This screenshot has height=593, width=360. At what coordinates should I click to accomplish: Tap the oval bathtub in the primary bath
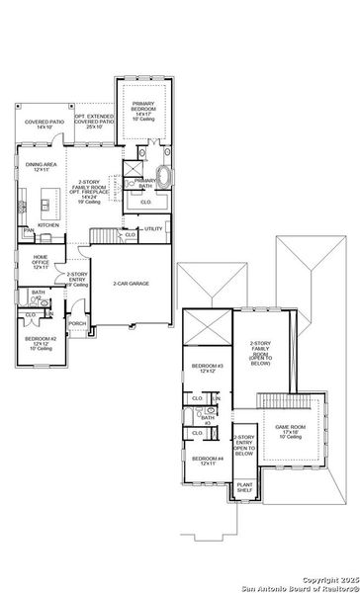(164, 180)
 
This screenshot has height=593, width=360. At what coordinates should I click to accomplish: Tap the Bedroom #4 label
(206, 462)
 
